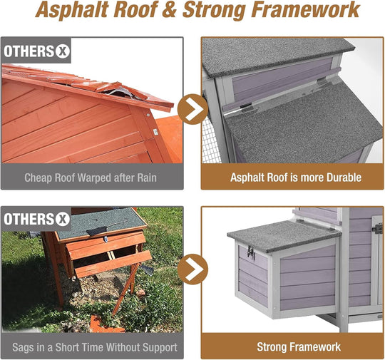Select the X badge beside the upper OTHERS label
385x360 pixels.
62,51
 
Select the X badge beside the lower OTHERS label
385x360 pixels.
62,219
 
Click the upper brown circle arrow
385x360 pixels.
192,109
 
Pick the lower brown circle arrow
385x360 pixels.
192,269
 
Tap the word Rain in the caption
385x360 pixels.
147,178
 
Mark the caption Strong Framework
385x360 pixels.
299,347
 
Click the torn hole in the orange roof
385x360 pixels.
120,92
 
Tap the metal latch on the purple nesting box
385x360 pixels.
251,252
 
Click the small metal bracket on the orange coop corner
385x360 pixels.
155,132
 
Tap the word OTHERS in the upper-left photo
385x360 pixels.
29,51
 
